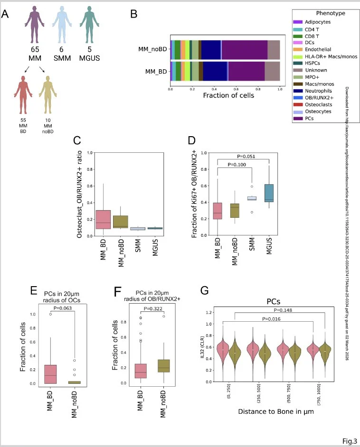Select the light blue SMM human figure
tap(62, 25)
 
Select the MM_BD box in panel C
tap(104, 219)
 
